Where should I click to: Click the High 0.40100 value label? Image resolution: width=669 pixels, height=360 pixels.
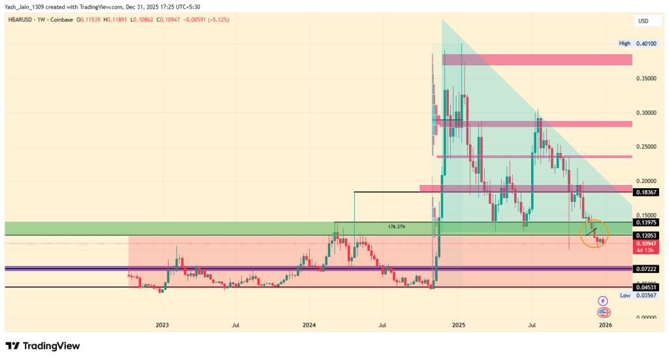(644, 43)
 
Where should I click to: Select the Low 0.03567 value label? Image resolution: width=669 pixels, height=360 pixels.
(644, 295)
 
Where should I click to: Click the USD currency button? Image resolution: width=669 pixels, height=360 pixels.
(644, 22)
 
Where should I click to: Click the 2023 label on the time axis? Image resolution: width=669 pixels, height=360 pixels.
(162, 325)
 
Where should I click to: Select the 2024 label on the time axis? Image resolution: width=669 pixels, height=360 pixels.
(309, 325)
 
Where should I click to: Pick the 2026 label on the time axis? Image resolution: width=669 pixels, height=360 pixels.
(605, 325)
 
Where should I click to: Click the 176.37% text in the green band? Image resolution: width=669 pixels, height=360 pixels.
(397, 227)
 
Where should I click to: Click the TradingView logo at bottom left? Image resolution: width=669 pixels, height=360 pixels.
(42, 346)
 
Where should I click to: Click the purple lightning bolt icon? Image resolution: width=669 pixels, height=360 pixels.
(603, 301)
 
